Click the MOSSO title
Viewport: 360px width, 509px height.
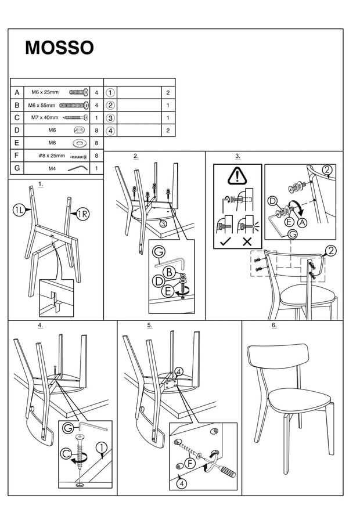coord(59,48)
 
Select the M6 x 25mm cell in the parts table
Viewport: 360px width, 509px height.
coord(45,92)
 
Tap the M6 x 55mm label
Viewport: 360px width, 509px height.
coord(44,105)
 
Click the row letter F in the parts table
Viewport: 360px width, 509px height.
coord(17,156)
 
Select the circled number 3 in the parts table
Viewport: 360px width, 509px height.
coord(110,118)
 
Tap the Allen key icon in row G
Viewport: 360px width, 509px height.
coord(77,168)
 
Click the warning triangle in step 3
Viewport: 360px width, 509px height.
coord(237,175)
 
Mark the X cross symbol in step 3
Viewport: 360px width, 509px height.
coord(247,240)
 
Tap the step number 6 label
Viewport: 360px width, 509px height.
coord(273,325)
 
